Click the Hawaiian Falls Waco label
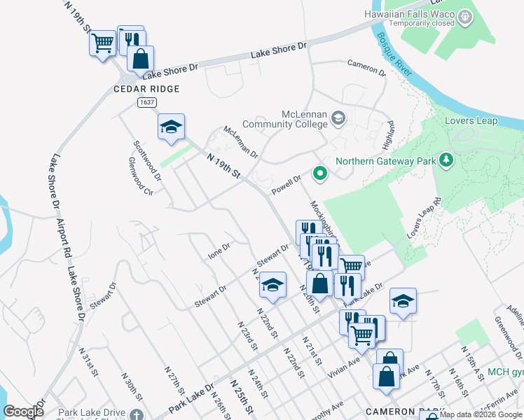[x=409, y=13]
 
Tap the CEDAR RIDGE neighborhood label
[x=147, y=89]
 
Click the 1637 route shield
[x=146, y=102]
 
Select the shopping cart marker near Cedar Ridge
[x=102, y=43]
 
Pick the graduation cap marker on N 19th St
[x=171, y=127]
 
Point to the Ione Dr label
[x=219, y=251]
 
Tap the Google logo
[x=24, y=412]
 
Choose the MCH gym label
[x=505, y=372]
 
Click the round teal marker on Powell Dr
[x=320, y=171]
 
